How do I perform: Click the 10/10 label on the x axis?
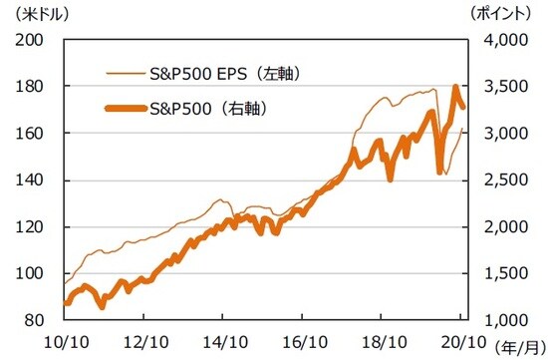click(65, 340)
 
